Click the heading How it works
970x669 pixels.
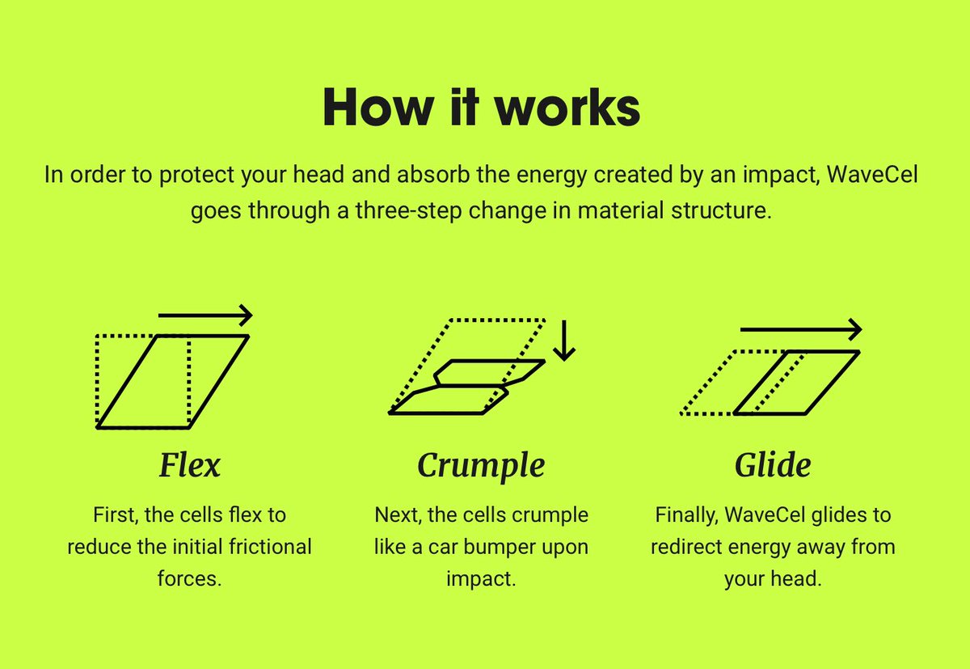click(x=482, y=108)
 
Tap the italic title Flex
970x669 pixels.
click(x=189, y=466)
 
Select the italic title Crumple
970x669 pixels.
click(x=481, y=467)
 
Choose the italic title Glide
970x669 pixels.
click(x=773, y=466)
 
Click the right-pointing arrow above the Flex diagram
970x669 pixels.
click(x=205, y=315)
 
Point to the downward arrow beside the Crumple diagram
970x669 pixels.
click(x=564, y=339)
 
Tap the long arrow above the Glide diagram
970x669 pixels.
click(x=800, y=329)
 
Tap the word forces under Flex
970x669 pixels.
click(x=189, y=579)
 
